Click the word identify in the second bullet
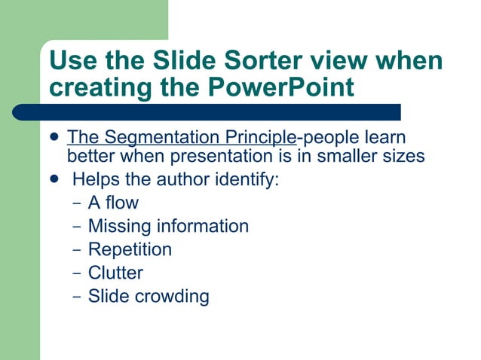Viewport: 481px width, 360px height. pos(251,181)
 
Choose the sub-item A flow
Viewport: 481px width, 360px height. pos(113,203)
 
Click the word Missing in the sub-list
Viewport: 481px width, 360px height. pos(119,226)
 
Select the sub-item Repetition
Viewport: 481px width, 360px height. pos(130,249)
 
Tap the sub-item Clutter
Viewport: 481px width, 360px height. pos(115,273)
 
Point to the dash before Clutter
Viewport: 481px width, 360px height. pos(76,273)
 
